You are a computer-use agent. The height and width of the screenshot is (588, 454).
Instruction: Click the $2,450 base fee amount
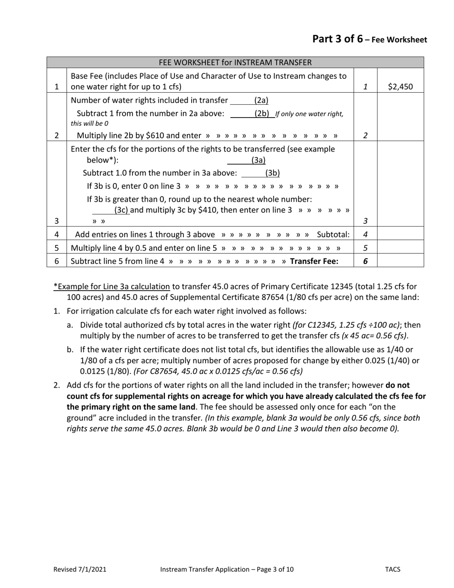click(400, 87)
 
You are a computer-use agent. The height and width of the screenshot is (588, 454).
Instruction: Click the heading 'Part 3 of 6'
click(337, 39)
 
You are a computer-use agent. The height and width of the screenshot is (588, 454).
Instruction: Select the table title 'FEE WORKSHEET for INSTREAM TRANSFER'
click(235, 63)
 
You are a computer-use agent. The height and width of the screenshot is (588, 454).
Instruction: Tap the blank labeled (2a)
click(249, 100)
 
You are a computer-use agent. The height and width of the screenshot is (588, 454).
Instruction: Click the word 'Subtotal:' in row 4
click(333, 235)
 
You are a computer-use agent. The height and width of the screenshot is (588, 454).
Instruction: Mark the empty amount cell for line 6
click(400, 261)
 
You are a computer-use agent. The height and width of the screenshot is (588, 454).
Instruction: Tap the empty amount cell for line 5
click(400, 248)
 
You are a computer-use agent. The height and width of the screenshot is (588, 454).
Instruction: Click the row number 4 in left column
click(56, 235)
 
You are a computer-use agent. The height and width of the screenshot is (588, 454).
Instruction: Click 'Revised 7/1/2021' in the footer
click(80, 569)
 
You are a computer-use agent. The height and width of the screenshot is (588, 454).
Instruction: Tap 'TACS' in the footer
click(392, 569)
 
